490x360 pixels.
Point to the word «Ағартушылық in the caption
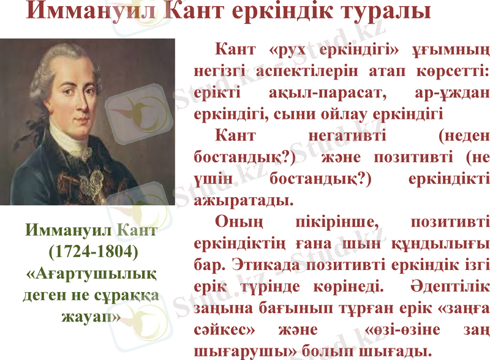[x=91, y=273]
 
